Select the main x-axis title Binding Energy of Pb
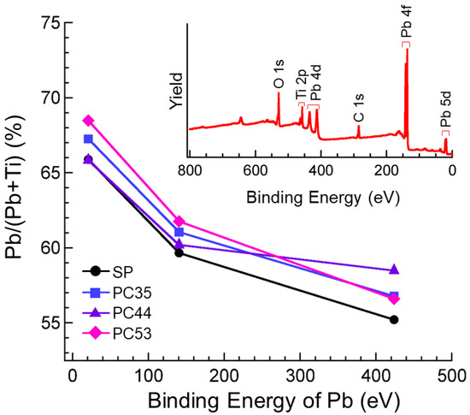point(261,400)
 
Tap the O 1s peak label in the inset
point(278,73)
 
